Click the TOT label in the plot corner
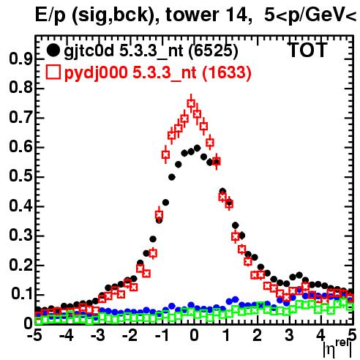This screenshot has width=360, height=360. [x=307, y=50]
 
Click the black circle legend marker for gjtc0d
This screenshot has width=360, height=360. [x=53, y=50]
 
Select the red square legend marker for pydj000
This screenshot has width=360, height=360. [x=53, y=72]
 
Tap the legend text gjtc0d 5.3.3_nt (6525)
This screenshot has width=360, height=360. [x=151, y=51]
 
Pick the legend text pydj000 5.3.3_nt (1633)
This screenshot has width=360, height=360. [x=158, y=72]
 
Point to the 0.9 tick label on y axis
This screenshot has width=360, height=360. [x=20, y=59]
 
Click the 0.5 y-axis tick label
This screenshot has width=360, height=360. [x=20, y=176]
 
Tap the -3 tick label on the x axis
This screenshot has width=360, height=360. [x=97, y=336]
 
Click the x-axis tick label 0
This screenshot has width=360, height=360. [x=194, y=336]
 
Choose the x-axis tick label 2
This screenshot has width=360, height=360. [x=258, y=336]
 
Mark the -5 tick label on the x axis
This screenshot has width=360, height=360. [x=34, y=336]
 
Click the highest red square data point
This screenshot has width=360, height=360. [x=191, y=103]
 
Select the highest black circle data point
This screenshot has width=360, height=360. [x=198, y=148]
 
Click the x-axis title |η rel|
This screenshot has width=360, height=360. [x=337, y=349]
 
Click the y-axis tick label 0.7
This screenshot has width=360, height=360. [x=20, y=118]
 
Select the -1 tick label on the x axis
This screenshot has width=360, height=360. [x=162, y=336]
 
